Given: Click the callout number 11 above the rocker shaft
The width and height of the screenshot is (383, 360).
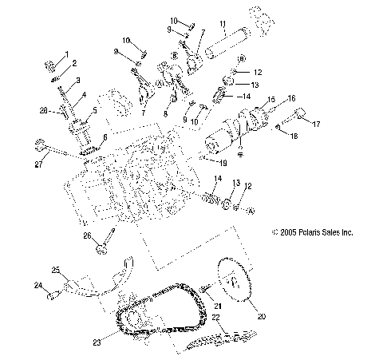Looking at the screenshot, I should point(223,25).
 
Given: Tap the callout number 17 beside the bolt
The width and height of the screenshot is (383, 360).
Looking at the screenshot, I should point(315,123).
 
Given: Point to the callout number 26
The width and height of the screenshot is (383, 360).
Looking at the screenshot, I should point(88,235).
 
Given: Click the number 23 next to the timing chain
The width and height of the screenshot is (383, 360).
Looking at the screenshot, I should point(97,342).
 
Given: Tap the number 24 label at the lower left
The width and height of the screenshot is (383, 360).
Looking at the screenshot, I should point(38,284).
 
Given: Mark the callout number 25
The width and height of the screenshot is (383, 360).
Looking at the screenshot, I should point(55,269).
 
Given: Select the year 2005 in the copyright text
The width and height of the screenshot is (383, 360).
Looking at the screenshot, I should point(286,233).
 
